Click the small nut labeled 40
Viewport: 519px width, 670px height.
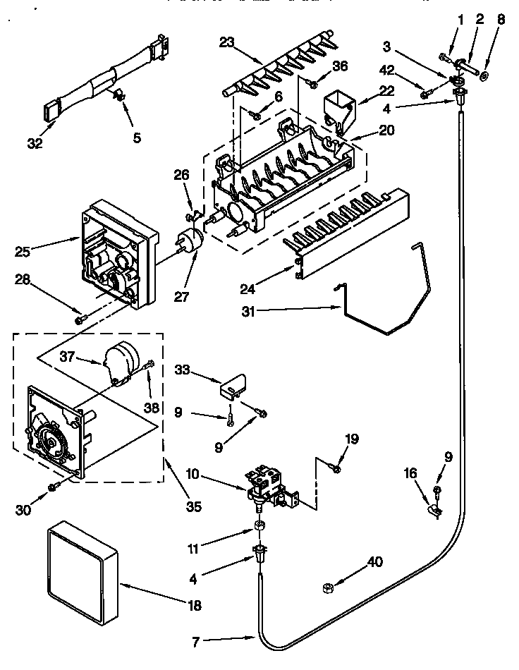[328, 587]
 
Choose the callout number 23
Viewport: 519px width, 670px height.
[226, 42]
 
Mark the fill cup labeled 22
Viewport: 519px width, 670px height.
[338, 109]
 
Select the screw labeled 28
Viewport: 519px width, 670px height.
[80, 319]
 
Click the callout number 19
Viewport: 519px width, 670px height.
[352, 439]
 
